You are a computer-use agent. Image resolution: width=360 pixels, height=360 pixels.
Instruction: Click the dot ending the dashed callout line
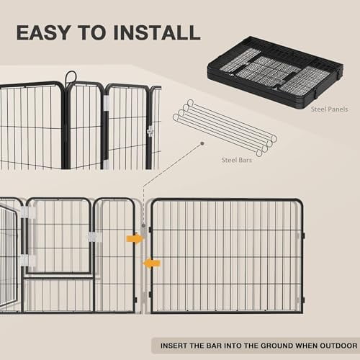(x=204, y=143)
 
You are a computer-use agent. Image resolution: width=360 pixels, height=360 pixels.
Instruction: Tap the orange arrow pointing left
(x=151, y=264)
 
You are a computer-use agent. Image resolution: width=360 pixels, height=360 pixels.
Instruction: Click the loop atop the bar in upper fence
(x=71, y=77)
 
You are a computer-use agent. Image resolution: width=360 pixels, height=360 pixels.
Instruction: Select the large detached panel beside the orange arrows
(x=227, y=256)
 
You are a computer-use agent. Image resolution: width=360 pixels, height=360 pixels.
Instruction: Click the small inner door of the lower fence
(x=59, y=238)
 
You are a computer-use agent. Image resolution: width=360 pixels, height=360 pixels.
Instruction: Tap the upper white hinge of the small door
(x=28, y=213)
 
